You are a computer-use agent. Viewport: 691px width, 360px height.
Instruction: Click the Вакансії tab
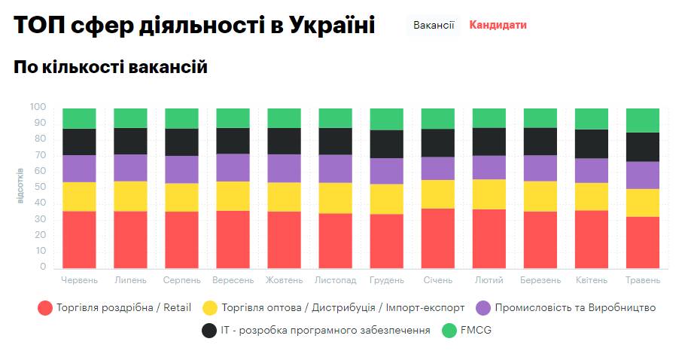point(434,25)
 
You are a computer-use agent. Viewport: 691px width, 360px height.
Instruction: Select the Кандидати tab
point(498,25)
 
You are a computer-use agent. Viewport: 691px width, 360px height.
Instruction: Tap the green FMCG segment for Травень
point(642,121)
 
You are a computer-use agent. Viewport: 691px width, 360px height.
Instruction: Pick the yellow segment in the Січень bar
point(437,194)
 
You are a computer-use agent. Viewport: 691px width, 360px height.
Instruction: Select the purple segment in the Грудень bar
point(386,171)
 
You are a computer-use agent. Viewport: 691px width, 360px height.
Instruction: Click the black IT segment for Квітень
point(591,144)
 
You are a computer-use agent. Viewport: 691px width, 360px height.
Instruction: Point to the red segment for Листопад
point(335,240)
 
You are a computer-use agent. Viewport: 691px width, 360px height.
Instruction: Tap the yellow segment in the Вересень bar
point(233,196)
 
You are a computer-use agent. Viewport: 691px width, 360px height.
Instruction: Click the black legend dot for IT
point(210,330)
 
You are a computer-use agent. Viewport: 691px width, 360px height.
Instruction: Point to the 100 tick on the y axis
point(38,108)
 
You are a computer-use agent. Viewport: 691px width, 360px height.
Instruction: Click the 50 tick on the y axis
point(41,188)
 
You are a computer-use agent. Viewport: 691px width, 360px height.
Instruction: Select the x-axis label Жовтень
point(284,280)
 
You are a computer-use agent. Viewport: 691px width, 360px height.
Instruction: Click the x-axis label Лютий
point(489,280)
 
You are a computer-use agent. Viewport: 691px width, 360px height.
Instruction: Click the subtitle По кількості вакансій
point(111,68)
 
